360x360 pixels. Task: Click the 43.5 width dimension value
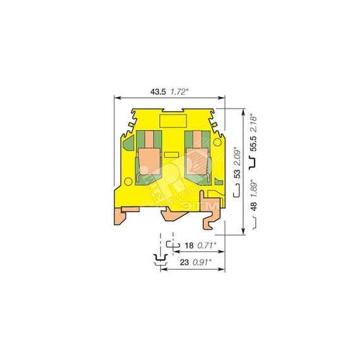pyautogui.click(x=158, y=92)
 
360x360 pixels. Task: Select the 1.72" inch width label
pyautogui.click(x=179, y=92)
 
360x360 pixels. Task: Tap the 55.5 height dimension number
pyautogui.click(x=253, y=143)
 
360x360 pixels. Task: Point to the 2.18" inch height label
pyautogui.click(x=253, y=123)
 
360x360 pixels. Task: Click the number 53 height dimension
pyautogui.click(x=237, y=173)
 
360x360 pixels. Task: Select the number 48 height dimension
pyautogui.click(x=253, y=207)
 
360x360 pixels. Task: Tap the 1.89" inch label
pyautogui.click(x=253, y=188)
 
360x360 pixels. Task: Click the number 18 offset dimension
pyautogui.click(x=189, y=246)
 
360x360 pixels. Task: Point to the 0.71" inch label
pyautogui.click(x=207, y=246)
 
